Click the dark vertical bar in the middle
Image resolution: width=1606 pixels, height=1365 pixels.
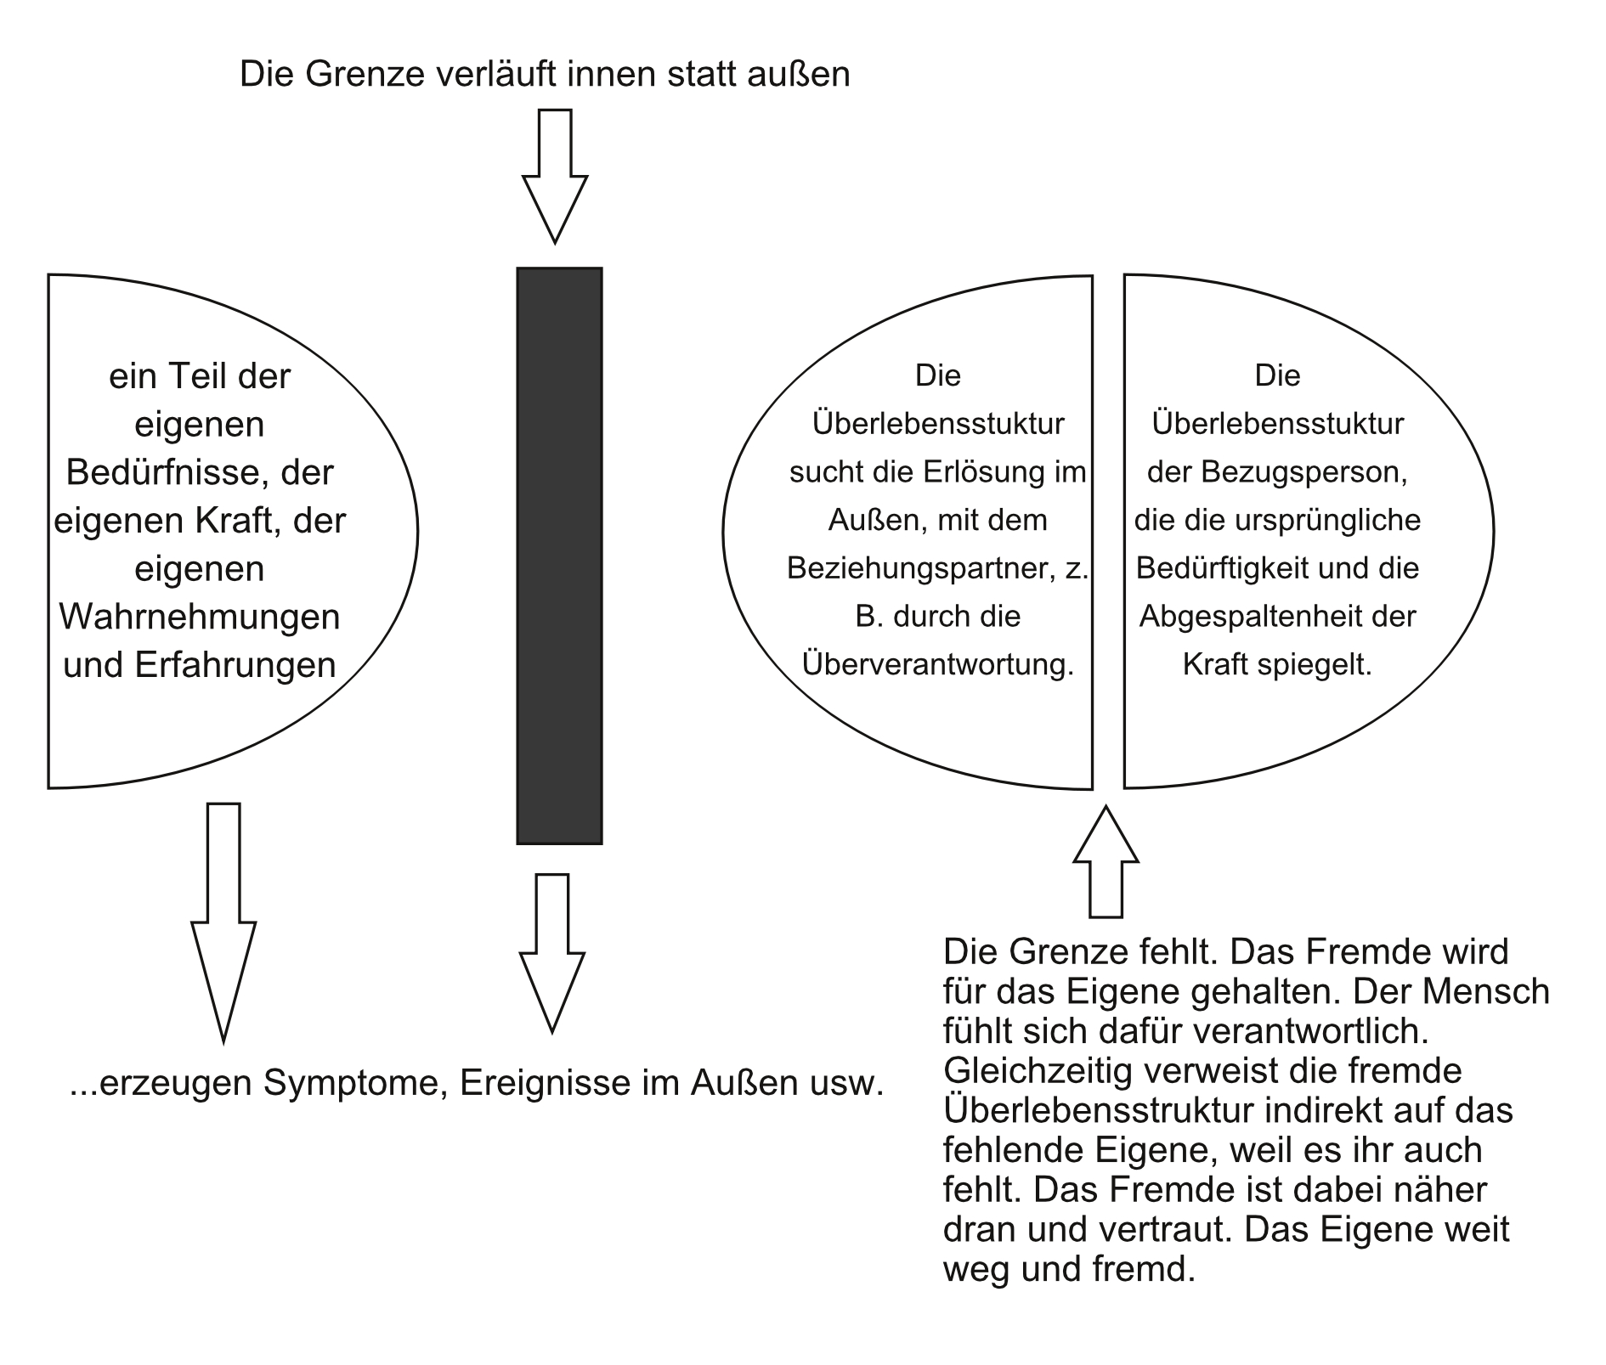tap(559, 556)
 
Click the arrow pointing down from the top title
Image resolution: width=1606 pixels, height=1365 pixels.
tap(555, 177)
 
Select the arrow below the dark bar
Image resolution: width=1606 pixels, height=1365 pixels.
tap(552, 953)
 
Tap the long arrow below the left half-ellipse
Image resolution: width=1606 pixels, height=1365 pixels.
tap(223, 922)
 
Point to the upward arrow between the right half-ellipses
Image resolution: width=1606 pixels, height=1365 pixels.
tap(1106, 861)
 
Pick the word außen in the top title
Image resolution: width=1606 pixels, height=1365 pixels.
tap(798, 75)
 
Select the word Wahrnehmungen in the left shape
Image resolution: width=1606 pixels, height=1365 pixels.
tap(200, 617)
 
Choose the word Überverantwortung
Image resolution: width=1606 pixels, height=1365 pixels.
tap(938, 664)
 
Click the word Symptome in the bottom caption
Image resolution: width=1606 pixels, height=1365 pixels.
tap(357, 1084)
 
